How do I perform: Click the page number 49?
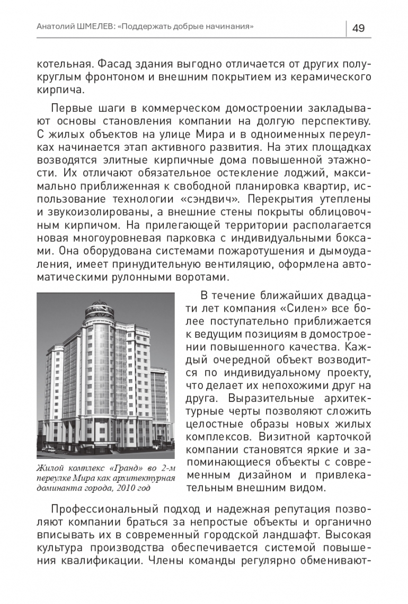[x=358, y=28]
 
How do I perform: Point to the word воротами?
[x=203, y=276]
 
